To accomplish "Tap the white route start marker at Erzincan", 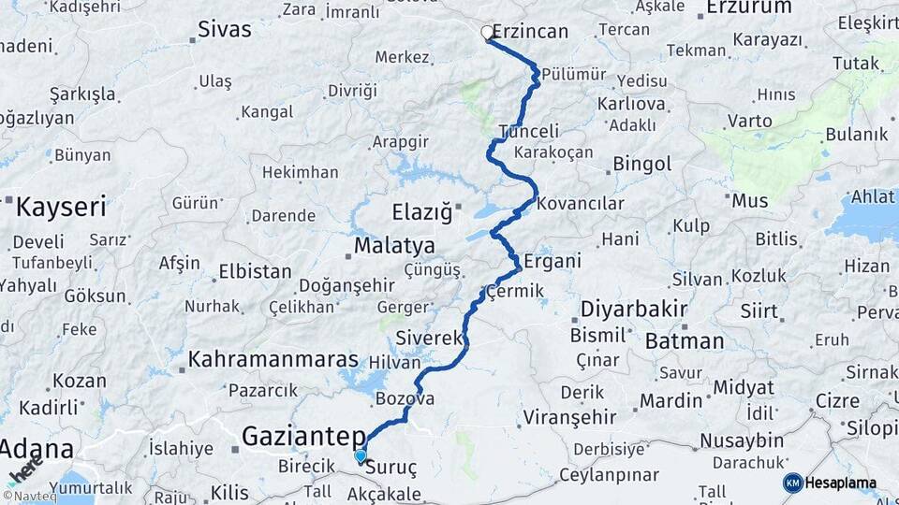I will (487, 33).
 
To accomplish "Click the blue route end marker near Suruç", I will (361, 455).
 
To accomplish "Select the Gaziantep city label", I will (303, 436).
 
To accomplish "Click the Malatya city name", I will (393, 246).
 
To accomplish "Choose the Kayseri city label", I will (62, 207).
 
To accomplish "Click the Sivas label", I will (225, 30).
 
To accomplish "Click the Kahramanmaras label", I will (273, 359).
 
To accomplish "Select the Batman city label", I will (685, 341).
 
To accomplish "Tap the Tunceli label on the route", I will (529, 132).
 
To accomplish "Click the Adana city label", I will (37, 449).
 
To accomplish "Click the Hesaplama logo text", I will (843, 483).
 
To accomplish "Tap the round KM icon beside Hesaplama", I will (793, 483).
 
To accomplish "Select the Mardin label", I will (671, 401).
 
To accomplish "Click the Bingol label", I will (642, 165).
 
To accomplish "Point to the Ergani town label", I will (553, 261).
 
